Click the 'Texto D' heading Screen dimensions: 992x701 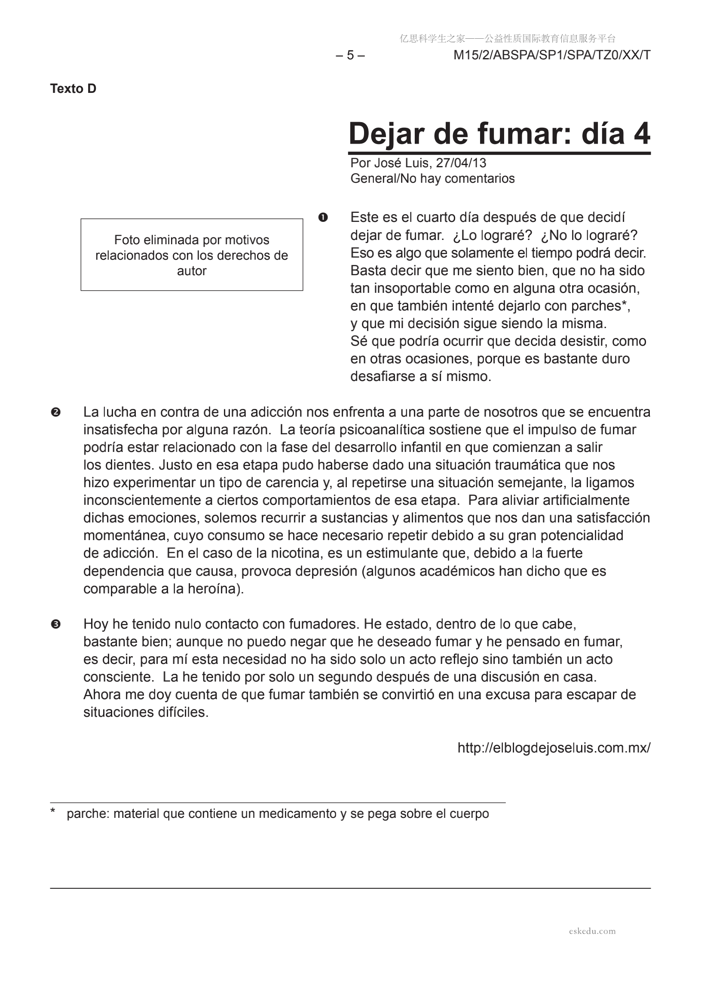click(73, 89)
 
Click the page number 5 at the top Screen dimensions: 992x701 click(350, 55)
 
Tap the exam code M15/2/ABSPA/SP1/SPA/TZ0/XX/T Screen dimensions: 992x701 click(551, 55)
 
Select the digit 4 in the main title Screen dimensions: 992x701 click(642, 134)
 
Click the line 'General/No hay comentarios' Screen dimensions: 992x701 click(432, 178)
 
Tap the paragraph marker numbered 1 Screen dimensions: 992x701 click(323, 217)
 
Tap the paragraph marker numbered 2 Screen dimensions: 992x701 click(55, 412)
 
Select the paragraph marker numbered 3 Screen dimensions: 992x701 click(55, 624)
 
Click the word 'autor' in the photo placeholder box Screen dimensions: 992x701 click(192, 271)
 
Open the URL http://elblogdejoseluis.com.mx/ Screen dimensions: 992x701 click(554, 747)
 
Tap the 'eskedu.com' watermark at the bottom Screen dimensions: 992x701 click(592, 931)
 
